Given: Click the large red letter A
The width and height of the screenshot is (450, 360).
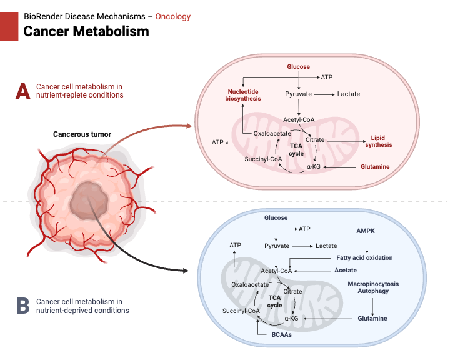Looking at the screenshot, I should tap(22, 91).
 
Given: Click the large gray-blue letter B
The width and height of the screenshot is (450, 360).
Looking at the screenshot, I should tap(22, 306).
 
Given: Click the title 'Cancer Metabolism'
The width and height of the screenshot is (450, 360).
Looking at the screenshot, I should tap(86, 31).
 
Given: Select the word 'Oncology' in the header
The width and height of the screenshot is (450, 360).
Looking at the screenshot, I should tap(173, 16).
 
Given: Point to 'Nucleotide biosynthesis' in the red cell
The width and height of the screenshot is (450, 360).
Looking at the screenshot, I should tap(244, 94).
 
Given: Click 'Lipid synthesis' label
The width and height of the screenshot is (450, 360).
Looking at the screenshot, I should tap(381, 141).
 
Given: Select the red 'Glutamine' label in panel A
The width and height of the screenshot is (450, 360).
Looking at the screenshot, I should tap(375, 167).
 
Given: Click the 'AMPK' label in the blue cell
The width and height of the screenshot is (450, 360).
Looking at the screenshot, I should tap(364, 230).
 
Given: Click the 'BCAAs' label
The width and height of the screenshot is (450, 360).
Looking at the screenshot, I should tap(281, 335).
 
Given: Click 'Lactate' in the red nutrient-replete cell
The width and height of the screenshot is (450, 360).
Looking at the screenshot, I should tap(349, 94).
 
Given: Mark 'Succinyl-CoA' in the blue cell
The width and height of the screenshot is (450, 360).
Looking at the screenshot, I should tap(241, 311).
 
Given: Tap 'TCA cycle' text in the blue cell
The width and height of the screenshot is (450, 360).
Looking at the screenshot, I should tap(275, 301).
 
